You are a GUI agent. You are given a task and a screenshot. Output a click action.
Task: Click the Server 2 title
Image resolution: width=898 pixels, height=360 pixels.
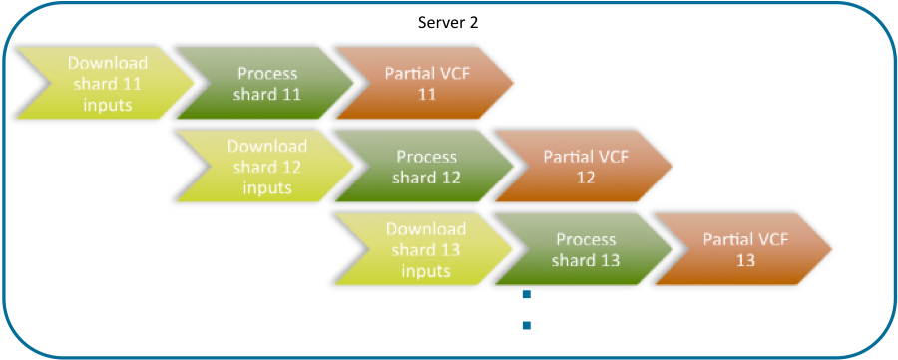click(448, 22)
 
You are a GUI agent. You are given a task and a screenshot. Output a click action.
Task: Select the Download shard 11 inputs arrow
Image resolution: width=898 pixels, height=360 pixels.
click(105, 84)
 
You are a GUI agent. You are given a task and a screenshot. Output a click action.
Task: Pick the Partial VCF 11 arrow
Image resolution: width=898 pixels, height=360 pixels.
click(425, 84)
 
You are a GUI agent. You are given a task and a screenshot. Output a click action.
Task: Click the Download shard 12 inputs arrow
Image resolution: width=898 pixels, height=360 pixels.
click(264, 167)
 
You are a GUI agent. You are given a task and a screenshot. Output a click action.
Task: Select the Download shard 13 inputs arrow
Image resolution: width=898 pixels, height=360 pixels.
click(424, 249)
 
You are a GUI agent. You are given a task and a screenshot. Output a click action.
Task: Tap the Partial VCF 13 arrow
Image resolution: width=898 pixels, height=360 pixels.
click(744, 249)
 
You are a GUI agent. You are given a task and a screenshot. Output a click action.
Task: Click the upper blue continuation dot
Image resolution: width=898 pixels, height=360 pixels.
click(526, 295)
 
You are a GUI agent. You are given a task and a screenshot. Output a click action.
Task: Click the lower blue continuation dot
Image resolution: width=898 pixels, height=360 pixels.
click(526, 325)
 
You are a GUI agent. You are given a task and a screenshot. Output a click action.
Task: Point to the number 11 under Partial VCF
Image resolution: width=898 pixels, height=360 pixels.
click(426, 94)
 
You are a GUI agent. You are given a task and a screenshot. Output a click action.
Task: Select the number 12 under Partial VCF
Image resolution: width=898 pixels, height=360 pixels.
click(585, 178)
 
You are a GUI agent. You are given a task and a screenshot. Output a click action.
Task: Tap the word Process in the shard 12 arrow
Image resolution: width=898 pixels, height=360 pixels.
click(426, 157)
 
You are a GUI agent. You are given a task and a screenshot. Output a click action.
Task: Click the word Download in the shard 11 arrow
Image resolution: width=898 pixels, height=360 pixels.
click(108, 63)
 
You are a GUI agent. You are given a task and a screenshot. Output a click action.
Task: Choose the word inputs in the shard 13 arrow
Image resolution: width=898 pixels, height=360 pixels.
click(426, 270)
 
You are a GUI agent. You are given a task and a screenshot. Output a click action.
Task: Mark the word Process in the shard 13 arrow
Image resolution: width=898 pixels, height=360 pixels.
click(586, 239)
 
